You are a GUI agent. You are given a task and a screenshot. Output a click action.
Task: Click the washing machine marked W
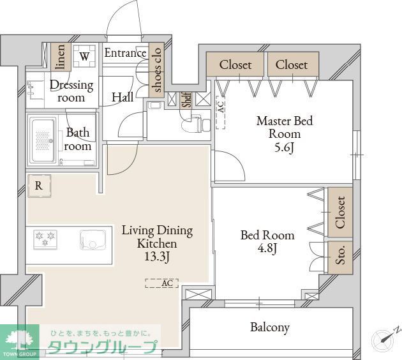coord(84,56)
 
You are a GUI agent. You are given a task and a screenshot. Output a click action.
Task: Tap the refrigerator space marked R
coord(39,186)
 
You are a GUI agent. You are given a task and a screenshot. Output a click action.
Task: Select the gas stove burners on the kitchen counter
coord(45,239)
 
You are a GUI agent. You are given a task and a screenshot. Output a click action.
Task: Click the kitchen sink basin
coord(93,239)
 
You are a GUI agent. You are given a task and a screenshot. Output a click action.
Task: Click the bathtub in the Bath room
coord(43,140)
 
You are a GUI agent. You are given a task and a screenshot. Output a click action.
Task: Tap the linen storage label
coord(61,57)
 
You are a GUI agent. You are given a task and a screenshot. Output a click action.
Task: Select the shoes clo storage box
coord(156,70)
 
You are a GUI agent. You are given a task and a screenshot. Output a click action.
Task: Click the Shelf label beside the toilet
coord(186,100)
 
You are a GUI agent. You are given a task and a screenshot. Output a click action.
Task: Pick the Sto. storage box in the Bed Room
coord(340,257)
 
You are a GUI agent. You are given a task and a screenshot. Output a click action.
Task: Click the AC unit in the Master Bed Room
coord(221,112)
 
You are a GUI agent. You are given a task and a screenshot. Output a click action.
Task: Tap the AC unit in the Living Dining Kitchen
coord(162,283)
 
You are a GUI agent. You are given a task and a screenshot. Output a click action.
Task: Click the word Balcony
coord(270,327)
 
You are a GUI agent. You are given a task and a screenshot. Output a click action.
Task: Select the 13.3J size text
coord(157,257)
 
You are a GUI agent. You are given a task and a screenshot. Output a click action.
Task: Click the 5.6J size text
coord(284,147)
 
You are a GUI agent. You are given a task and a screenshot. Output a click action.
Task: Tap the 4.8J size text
coord(267,248)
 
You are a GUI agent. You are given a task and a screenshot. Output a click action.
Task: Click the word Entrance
coord(125,53)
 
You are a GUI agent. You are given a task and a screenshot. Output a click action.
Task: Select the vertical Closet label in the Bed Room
coord(341,213)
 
